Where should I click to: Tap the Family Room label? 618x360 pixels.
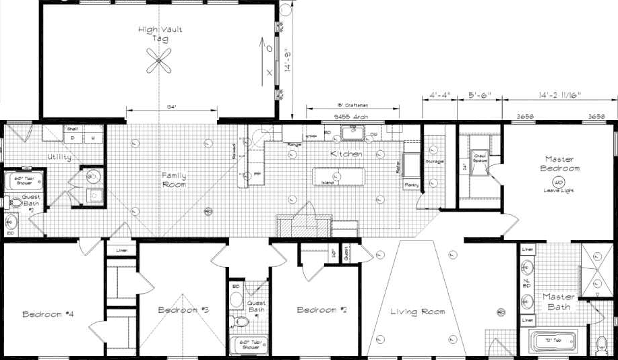click(x=173, y=179)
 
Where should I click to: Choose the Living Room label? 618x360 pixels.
click(x=418, y=311)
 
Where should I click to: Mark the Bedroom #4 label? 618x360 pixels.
click(x=48, y=314)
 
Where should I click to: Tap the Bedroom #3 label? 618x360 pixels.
click(x=183, y=310)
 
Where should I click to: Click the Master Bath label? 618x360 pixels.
click(x=559, y=301)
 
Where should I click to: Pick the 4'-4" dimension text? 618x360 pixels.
click(x=440, y=95)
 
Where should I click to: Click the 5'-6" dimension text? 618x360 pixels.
click(x=480, y=95)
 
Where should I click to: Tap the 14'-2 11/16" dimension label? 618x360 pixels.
click(x=559, y=95)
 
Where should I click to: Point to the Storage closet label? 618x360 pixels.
click(x=435, y=162)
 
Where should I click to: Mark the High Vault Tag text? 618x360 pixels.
click(x=160, y=34)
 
